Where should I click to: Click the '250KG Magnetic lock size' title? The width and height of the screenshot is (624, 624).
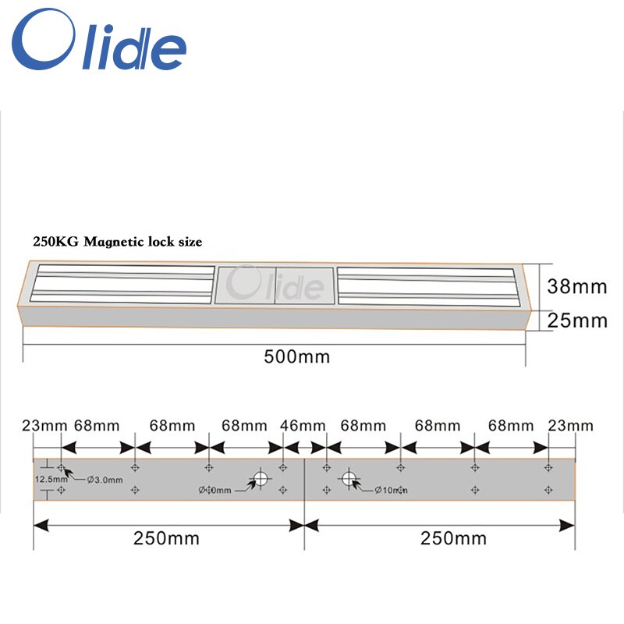[117, 243]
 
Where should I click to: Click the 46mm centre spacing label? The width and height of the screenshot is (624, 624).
[302, 426]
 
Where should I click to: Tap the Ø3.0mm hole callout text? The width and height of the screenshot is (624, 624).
[105, 479]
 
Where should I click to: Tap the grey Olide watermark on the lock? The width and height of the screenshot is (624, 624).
[278, 285]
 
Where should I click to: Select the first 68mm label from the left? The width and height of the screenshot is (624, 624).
[97, 426]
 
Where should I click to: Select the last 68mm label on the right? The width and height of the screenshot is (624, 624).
[511, 426]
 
